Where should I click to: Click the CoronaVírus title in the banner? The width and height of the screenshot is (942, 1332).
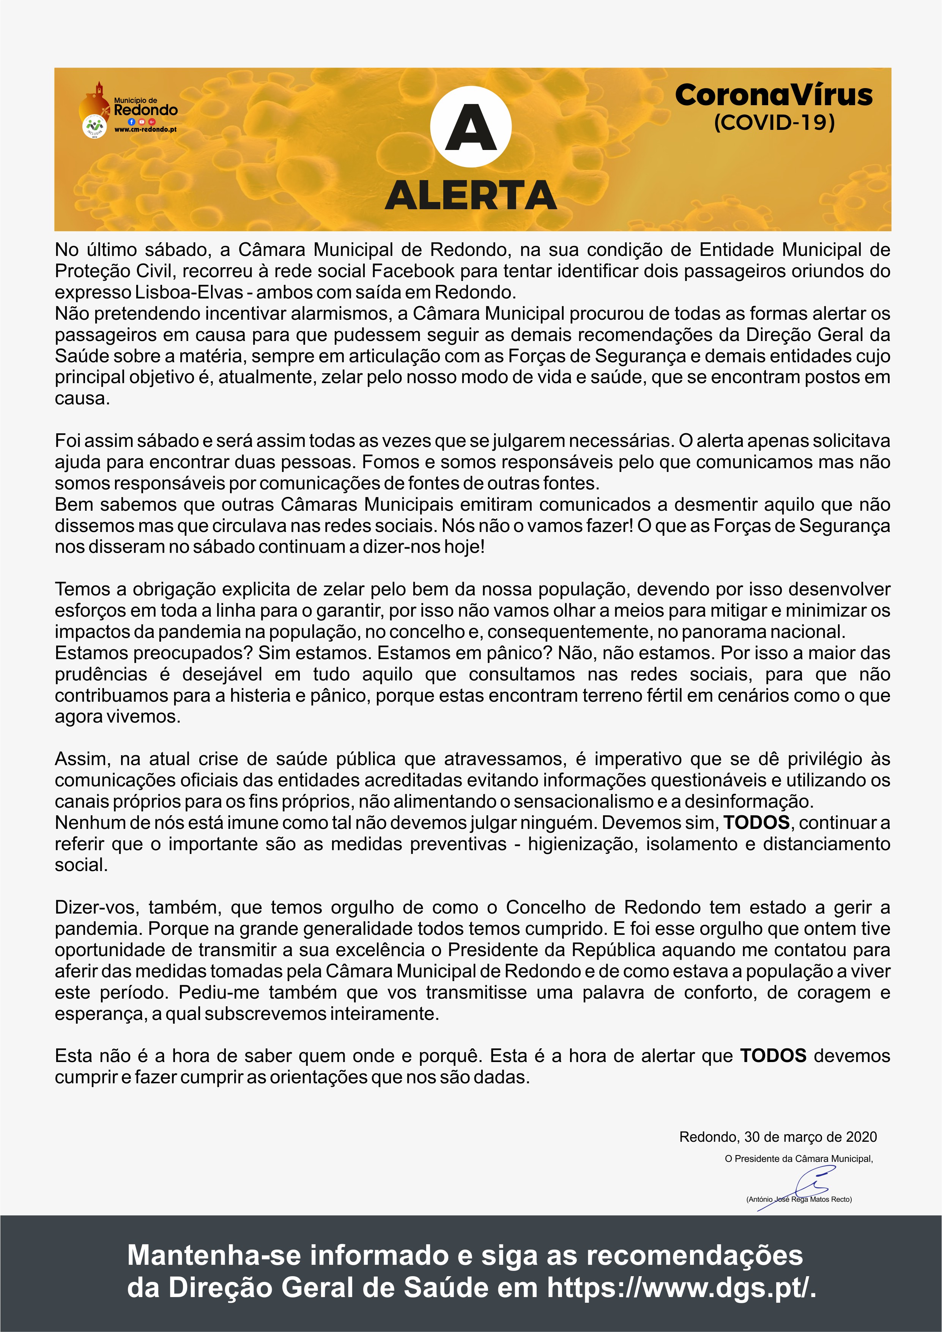pos(774,96)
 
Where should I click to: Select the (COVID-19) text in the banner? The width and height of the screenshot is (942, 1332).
pos(774,122)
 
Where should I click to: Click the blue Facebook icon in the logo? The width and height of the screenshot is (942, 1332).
pos(132,122)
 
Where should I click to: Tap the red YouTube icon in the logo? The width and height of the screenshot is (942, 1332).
pos(142,122)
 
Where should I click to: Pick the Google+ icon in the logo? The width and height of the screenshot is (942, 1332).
pos(151,122)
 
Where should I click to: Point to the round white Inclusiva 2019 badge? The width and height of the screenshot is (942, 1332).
pos(94,126)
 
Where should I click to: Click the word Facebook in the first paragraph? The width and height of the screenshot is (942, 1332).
pos(413,271)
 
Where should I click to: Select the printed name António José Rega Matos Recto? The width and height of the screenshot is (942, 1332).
pos(799,1199)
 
